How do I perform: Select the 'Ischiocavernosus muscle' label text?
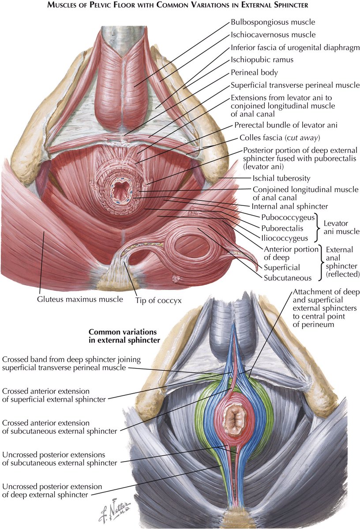click(273, 34)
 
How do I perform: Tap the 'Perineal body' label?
click(254, 72)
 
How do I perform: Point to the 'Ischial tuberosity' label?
click(281, 179)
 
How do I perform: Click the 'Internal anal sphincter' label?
click(289, 206)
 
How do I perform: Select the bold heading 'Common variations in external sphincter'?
click(124, 335)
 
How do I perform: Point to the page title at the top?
click(180, 6)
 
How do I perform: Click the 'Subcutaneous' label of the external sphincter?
click(288, 278)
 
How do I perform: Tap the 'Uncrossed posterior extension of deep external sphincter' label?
click(52, 491)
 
